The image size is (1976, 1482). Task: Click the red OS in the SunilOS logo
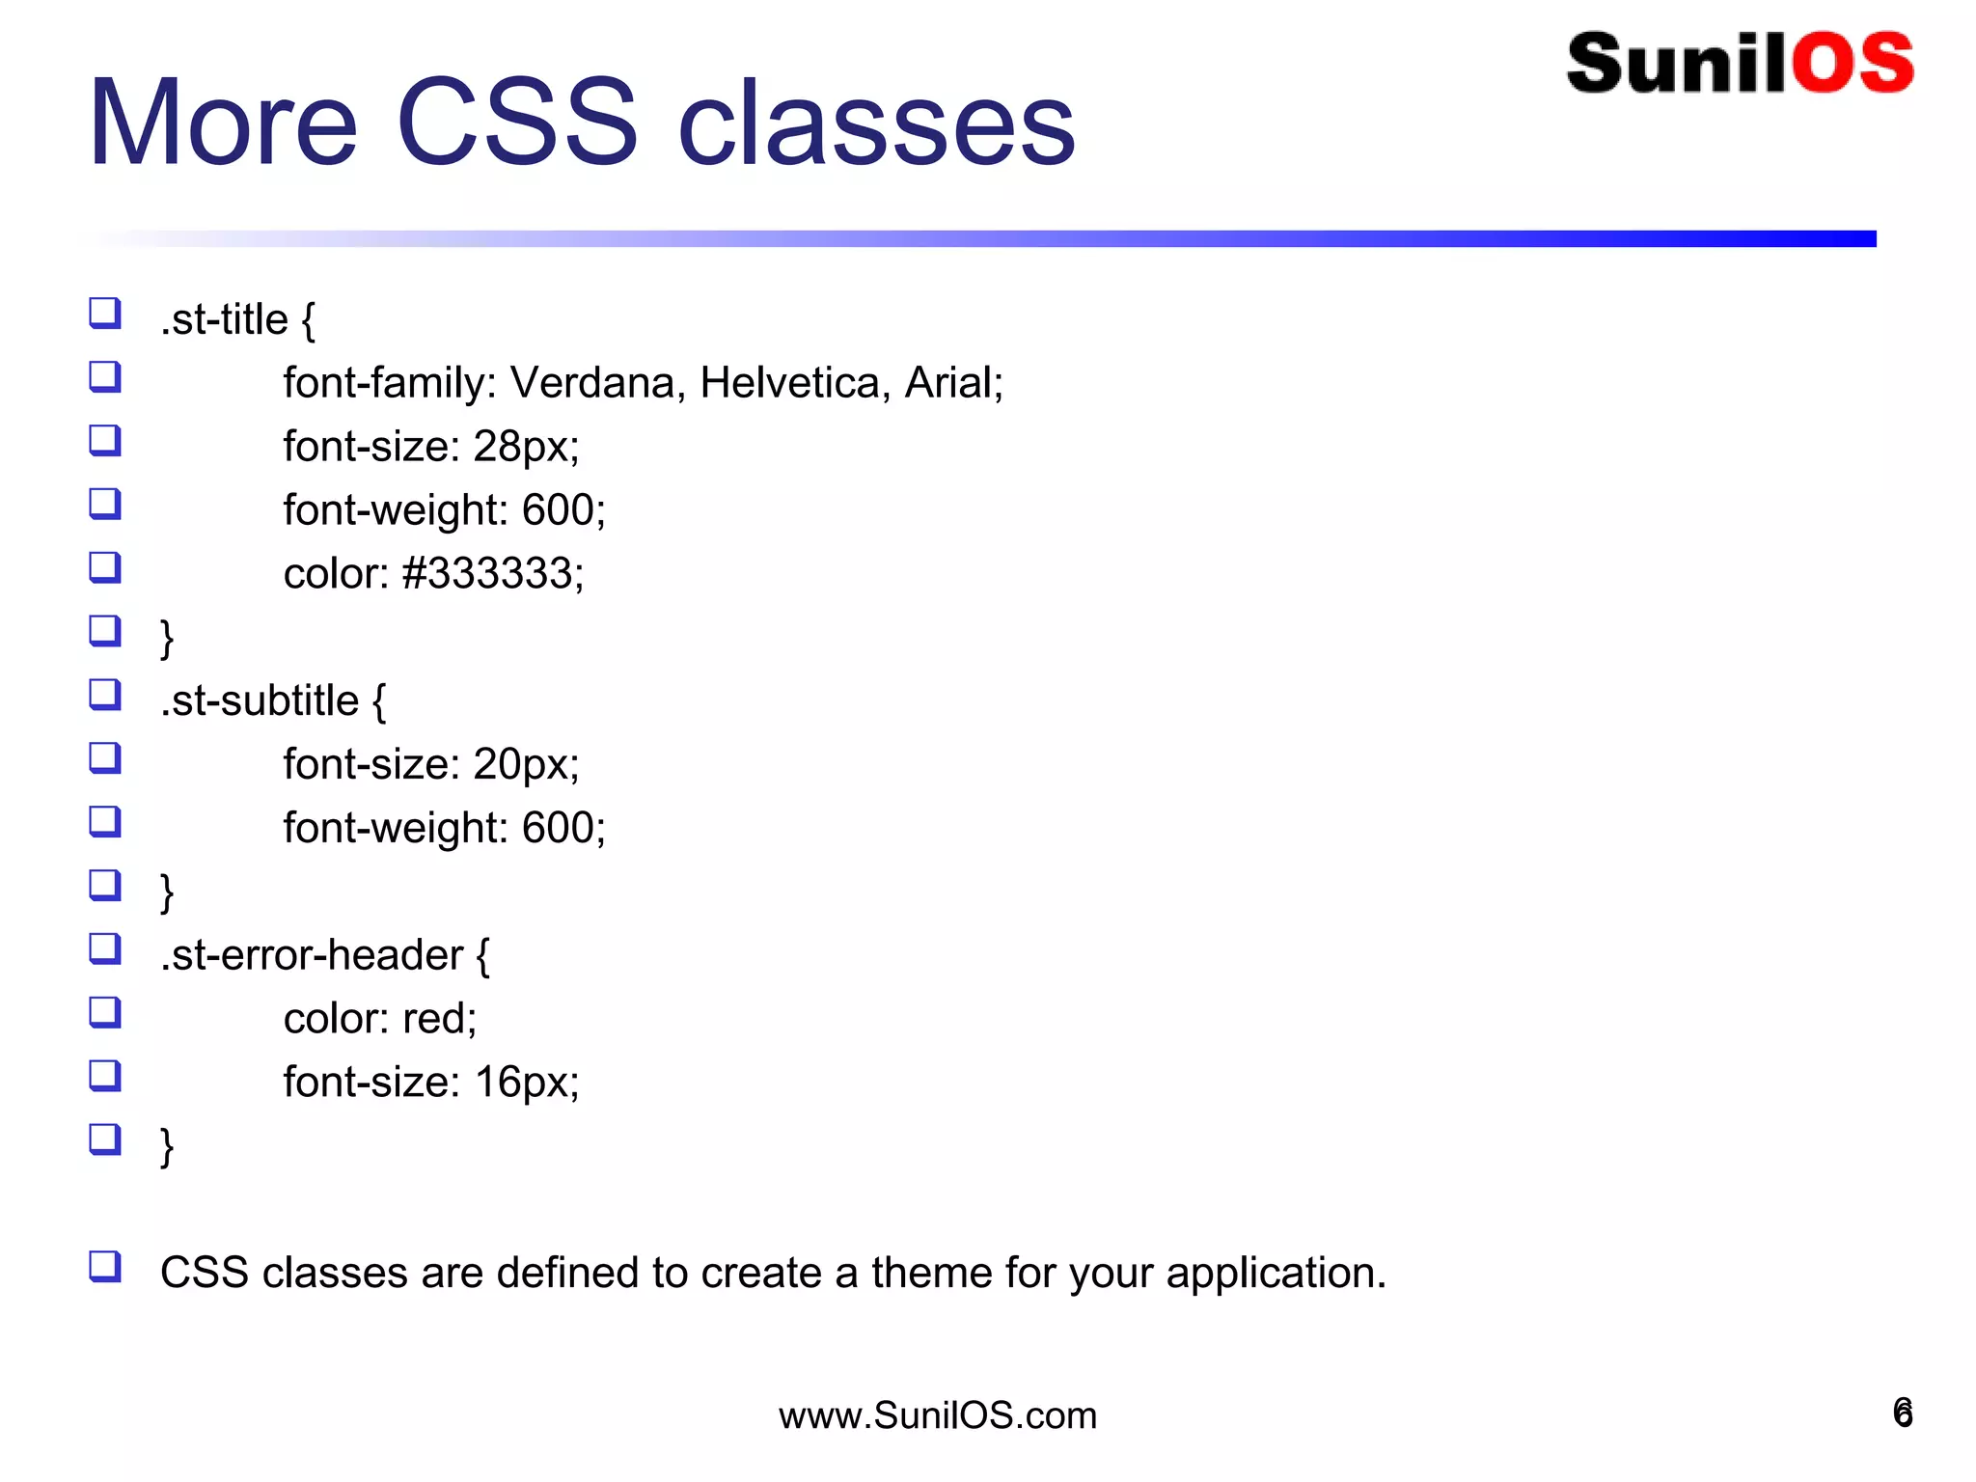click(1852, 64)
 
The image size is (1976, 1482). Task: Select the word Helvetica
click(789, 383)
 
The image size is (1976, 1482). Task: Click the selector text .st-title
click(224, 320)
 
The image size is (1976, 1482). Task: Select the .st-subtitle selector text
click(260, 701)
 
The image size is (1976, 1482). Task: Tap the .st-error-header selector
click(312, 955)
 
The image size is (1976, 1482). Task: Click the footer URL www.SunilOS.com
click(938, 1415)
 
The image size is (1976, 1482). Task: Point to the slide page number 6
click(1903, 1413)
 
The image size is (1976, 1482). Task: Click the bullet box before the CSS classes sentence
click(105, 1266)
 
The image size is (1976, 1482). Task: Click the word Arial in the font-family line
click(950, 383)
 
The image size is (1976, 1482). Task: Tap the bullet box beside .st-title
click(105, 314)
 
